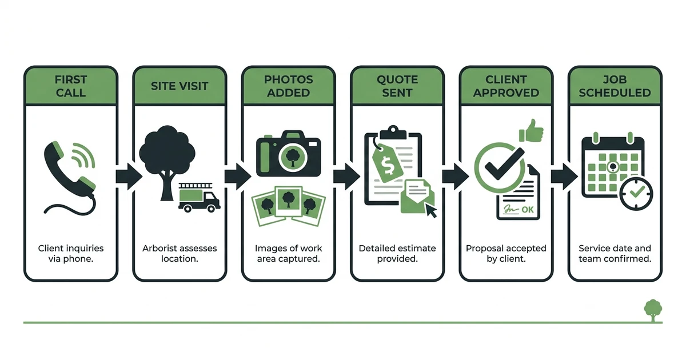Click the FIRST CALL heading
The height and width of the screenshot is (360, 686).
coord(71,86)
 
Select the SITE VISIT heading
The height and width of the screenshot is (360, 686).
coord(180,86)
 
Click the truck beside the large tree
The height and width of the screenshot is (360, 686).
coord(200,198)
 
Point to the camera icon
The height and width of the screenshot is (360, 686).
coord(289,154)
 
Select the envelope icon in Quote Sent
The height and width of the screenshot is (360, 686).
coord(417,197)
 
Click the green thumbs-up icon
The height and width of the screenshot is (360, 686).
coord(531,131)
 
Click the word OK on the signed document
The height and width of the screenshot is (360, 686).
coord(527,210)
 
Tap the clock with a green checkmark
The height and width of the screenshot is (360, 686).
coord(636,194)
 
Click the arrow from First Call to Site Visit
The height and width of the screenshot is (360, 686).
coord(129,177)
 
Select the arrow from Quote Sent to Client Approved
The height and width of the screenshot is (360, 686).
coord(456,177)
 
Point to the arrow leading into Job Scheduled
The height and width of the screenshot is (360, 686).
coord(564,177)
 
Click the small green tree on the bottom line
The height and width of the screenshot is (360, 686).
coord(653,310)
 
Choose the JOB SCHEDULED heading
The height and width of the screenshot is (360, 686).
coord(615,86)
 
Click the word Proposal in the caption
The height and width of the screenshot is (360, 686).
coord(482,249)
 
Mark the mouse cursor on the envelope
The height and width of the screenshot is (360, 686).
coord(431,211)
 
